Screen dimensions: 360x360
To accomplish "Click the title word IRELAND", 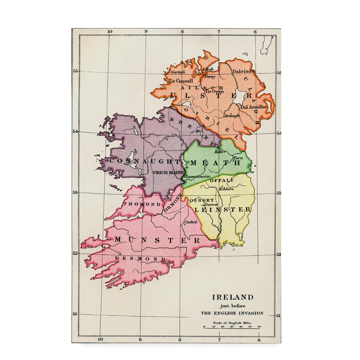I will [x=233, y=297].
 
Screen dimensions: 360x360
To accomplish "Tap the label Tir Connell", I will [x=177, y=81].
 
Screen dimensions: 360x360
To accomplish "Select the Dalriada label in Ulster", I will [x=243, y=71].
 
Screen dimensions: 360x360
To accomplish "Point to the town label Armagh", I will [x=232, y=116].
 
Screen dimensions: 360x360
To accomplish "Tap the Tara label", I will [x=238, y=158].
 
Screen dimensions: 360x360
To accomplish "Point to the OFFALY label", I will [x=225, y=180].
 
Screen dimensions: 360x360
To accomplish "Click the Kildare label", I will [x=226, y=189].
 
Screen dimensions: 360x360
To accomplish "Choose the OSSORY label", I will [x=202, y=200].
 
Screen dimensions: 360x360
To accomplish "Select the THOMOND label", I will [x=135, y=204].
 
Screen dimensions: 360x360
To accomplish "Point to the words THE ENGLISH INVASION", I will [x=233, y=313].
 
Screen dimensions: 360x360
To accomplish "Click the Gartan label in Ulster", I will [x=176, y=72].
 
